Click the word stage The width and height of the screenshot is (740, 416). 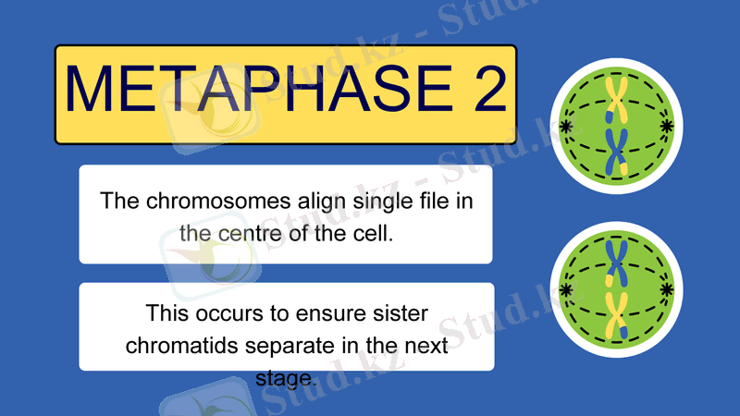[285, 377]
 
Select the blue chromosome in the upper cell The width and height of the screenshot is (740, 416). [616, 149]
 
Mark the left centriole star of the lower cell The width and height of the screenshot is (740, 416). [565, 289]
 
